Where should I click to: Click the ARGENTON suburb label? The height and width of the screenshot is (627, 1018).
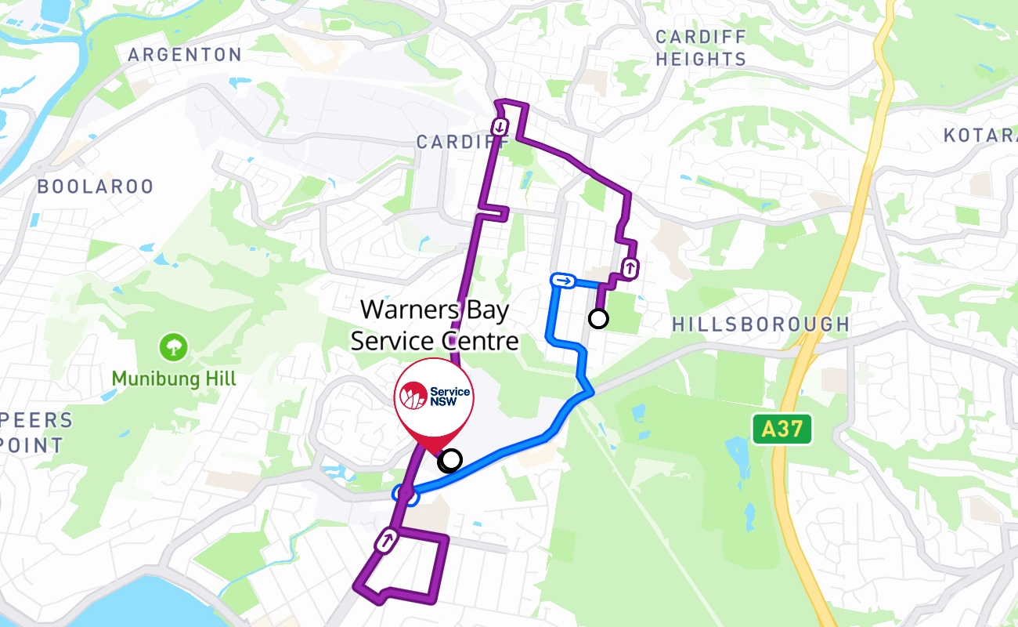(x=185, y=55)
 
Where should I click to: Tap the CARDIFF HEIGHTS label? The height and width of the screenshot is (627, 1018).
(x=701, y=48)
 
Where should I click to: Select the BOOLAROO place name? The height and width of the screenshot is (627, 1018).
(x=96, y=187)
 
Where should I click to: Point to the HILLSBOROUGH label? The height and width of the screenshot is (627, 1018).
(x=760, y=324)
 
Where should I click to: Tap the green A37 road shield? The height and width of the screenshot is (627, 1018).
(x=782, y=429)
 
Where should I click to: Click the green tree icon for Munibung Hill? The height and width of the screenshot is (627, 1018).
(x=173, y=346)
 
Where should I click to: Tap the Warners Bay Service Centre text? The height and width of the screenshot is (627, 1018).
(x=435, y=325)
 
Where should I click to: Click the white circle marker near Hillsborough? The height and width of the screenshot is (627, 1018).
(x=598, y=318)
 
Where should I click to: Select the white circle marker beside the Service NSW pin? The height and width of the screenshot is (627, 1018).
(x=451, y=459)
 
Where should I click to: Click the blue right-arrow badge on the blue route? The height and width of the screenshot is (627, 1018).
(x=563, y=281)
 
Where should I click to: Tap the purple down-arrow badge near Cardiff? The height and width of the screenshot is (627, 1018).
(x=500, y=125)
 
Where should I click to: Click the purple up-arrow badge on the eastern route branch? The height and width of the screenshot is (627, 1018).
(x=630, y=268)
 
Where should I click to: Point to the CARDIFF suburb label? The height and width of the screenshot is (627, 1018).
(x=462, y=143)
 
